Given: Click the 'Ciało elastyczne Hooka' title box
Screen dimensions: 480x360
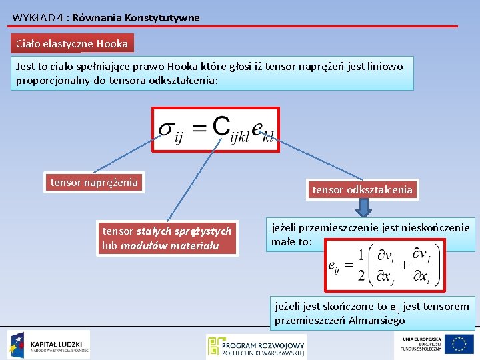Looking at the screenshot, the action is [x=72, y=44].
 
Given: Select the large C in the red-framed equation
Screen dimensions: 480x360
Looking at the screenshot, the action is [x=221, y=125].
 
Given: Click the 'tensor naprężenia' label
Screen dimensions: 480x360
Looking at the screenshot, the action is [x=94, y=182].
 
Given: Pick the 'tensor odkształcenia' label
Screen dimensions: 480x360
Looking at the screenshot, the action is [x=362, y=190].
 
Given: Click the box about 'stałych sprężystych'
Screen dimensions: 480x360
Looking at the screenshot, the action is [x=167, y=238].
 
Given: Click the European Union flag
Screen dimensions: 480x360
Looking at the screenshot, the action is [x=460, y=344].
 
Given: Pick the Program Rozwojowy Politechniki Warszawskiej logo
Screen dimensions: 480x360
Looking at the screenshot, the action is [x=257, y=347].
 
